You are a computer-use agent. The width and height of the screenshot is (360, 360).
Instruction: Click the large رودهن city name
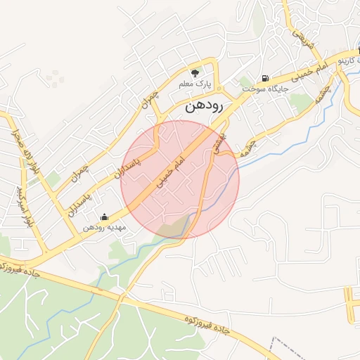tap(204, 108)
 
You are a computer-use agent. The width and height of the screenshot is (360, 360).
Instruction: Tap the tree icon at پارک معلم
tap(195, 72)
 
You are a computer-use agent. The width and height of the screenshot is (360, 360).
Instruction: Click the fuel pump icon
tap(264, 78)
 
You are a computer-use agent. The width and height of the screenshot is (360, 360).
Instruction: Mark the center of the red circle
tap(180, 179)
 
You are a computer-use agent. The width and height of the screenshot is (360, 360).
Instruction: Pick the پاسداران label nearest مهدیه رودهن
tap(82, 200)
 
